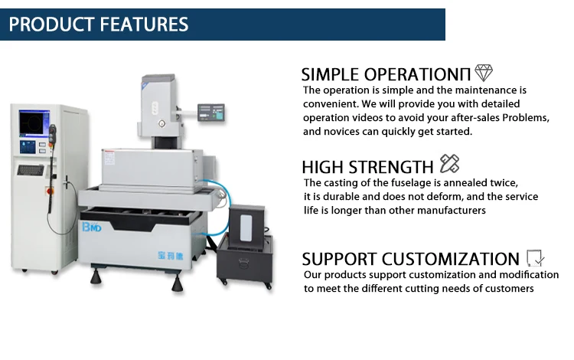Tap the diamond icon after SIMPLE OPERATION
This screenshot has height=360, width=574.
point(484,73)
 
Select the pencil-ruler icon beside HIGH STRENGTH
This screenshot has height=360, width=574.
point(449,164)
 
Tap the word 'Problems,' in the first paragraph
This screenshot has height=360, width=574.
point(524,118)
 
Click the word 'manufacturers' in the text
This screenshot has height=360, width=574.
point(449,211)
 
